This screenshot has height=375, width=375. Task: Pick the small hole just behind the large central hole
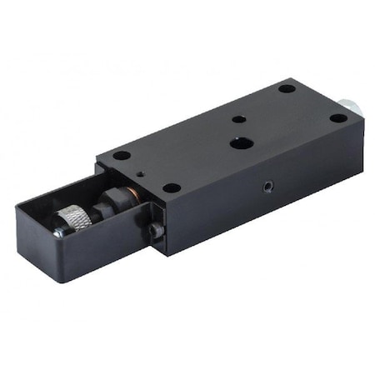238,120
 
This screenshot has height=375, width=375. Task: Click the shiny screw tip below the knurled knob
57,234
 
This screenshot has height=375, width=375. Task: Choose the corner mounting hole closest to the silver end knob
337,117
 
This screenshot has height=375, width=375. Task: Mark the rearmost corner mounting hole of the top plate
286,87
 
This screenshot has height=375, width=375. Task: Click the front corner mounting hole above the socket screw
170,187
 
